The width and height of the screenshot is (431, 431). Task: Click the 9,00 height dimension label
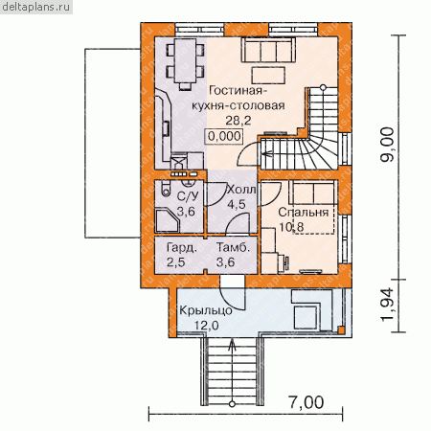[388, 145]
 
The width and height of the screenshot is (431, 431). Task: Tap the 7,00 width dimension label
[306, 402]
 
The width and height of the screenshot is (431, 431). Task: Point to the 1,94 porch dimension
[388, 305]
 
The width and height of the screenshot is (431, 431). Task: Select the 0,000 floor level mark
[224, 136]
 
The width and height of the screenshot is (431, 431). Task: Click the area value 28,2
[238, 121]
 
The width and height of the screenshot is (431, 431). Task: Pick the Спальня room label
[304, 213]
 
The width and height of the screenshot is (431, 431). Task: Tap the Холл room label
[240, 190]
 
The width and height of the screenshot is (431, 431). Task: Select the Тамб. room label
[233, 247]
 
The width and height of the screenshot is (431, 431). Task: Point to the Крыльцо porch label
[206, 310]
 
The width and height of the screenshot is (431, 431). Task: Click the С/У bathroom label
[188, 196]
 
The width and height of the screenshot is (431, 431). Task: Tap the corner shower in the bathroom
[168, 220]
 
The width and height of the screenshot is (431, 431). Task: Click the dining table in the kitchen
[185, 60]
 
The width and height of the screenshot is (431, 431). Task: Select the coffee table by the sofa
[268, 76]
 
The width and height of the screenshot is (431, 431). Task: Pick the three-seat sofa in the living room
[268, 50]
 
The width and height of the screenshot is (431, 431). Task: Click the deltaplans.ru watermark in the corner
[35, 7]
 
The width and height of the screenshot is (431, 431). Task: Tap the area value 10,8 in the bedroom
[291, 227]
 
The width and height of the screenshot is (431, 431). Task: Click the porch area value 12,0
[207, 326]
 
